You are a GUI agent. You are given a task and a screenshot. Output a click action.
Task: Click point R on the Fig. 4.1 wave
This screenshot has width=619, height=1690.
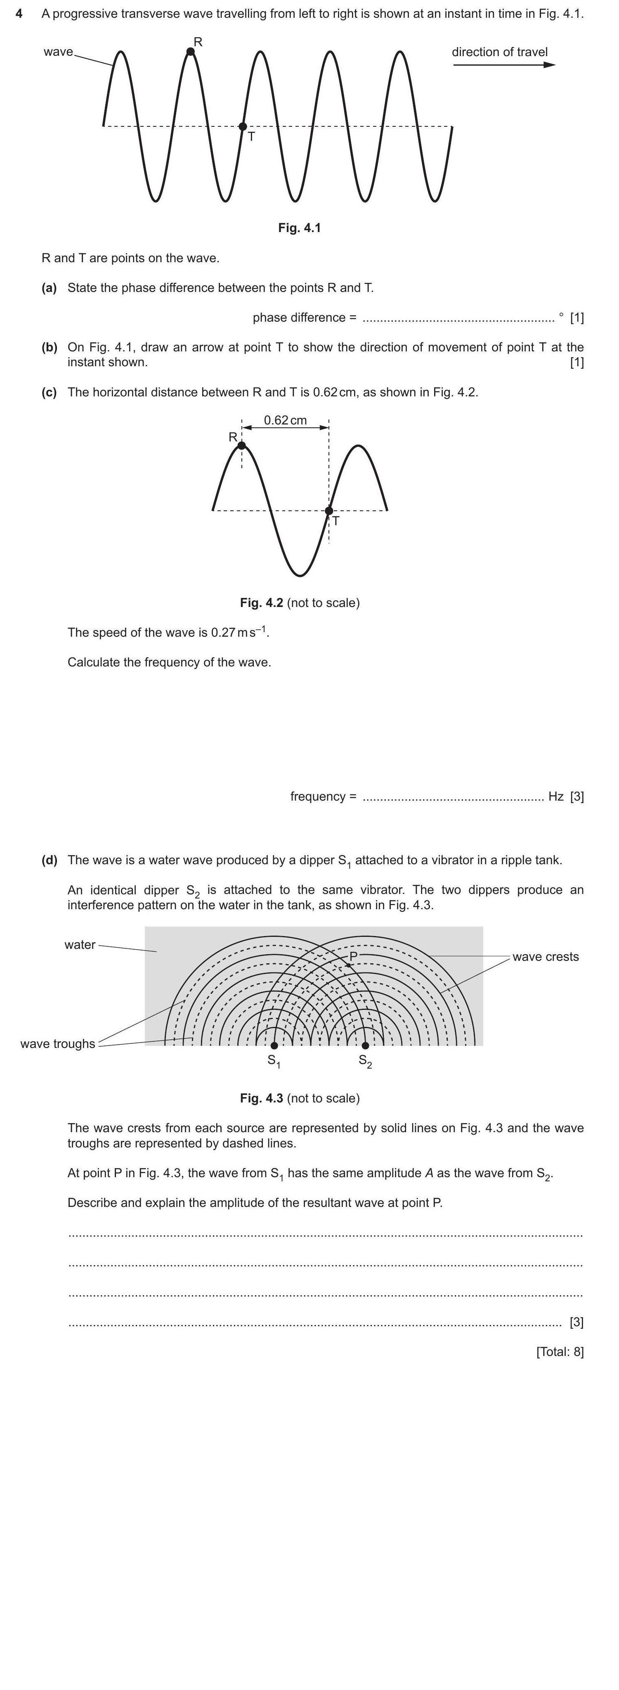point(191,51)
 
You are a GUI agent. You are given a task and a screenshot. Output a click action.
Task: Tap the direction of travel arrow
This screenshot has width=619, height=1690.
point(503,64)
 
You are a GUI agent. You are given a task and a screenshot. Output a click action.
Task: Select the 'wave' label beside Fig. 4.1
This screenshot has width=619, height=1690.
point(58,52)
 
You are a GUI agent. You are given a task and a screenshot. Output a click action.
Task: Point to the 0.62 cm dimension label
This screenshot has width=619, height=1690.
point(285,420)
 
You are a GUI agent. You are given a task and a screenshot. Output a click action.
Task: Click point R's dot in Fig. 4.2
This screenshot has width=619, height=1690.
point(242,446)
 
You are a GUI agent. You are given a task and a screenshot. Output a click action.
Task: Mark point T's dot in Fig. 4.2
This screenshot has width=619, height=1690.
point(329,510)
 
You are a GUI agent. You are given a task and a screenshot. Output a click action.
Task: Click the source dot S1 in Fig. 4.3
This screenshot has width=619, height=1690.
point(274,1045)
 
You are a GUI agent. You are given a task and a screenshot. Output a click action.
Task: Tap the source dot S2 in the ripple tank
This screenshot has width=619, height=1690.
point(365,1045)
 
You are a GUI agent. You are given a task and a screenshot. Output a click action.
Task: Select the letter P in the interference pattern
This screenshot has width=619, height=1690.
point(353,956)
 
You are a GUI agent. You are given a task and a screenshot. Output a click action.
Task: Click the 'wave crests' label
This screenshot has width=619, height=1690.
point(546,957)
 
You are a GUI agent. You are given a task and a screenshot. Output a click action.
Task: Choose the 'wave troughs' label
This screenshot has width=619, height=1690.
point(58,1044)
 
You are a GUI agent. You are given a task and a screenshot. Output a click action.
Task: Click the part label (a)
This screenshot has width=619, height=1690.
point(49,287)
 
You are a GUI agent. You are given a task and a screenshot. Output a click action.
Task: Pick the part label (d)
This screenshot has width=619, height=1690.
point(49,859)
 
